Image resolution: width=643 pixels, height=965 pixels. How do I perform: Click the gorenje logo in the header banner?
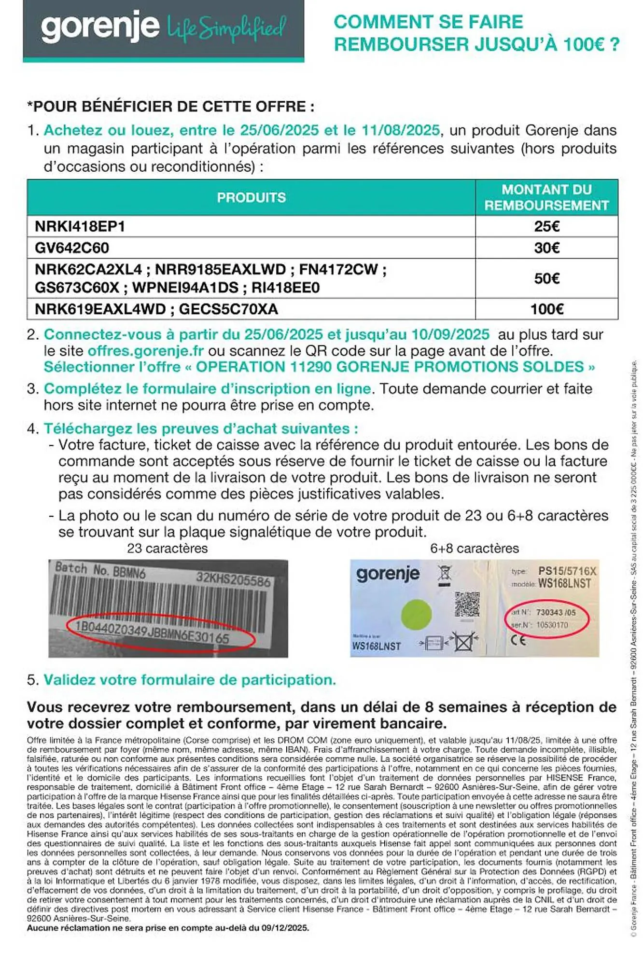coord(100,27)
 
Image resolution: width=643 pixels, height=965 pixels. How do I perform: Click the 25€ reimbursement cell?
coord(546,226)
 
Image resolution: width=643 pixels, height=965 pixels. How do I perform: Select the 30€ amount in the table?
coord(546,248)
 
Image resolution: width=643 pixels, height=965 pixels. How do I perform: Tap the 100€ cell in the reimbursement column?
coord(546,309)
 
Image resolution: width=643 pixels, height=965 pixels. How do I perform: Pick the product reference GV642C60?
coord(72,248)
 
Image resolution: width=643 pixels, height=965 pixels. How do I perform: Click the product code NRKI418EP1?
coord(80,226)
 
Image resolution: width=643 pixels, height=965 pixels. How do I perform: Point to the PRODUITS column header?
coord(251,197)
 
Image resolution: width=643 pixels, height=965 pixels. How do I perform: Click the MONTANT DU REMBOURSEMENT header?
coord(546,197)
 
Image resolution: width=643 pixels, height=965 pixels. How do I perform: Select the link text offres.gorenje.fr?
coord(145,351)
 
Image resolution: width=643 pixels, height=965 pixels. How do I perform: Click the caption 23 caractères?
coord(167,549)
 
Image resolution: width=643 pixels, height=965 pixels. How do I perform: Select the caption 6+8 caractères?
coord(474,549)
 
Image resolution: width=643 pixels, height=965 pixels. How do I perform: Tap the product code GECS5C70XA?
coord(228,309)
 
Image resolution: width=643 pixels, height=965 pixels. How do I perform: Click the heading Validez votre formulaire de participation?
coord(190,680)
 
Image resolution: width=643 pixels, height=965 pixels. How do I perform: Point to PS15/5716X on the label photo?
coord(567,571)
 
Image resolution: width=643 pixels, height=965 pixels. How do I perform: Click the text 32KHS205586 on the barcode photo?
coord(233,579)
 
